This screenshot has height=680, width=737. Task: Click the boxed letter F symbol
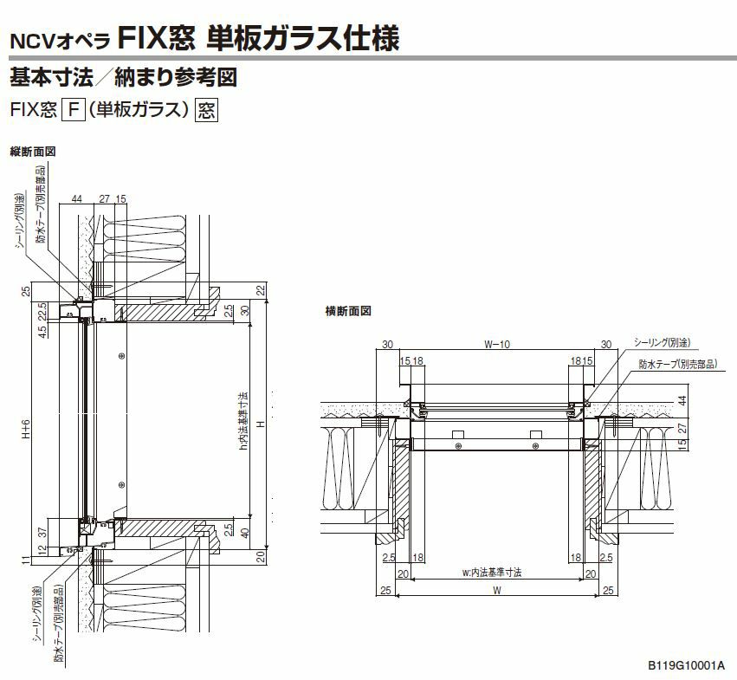pyautogui.click(x=75, y=110)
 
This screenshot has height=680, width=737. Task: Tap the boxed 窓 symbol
pyautogui.click(x=206, y=110)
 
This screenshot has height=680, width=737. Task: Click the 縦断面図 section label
pyautogui.click(x=32, y=151)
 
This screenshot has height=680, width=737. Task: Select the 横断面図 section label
pyautogui.click(x=348, y=309)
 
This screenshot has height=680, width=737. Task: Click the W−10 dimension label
pyautogui.click(x=496, y=345)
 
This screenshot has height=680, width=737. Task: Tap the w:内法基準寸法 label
pyautogui.click(x=496, y=573)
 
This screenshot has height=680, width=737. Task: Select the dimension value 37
pyautogui.click(x=41, y=529)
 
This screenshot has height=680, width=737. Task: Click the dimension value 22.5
pyautogui.click(x=41, y=309)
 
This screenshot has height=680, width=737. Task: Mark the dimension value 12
pyautogui.click(x=41, y=551)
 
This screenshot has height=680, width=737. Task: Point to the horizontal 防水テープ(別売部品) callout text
pyautogui.click(x=677, y=365)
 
